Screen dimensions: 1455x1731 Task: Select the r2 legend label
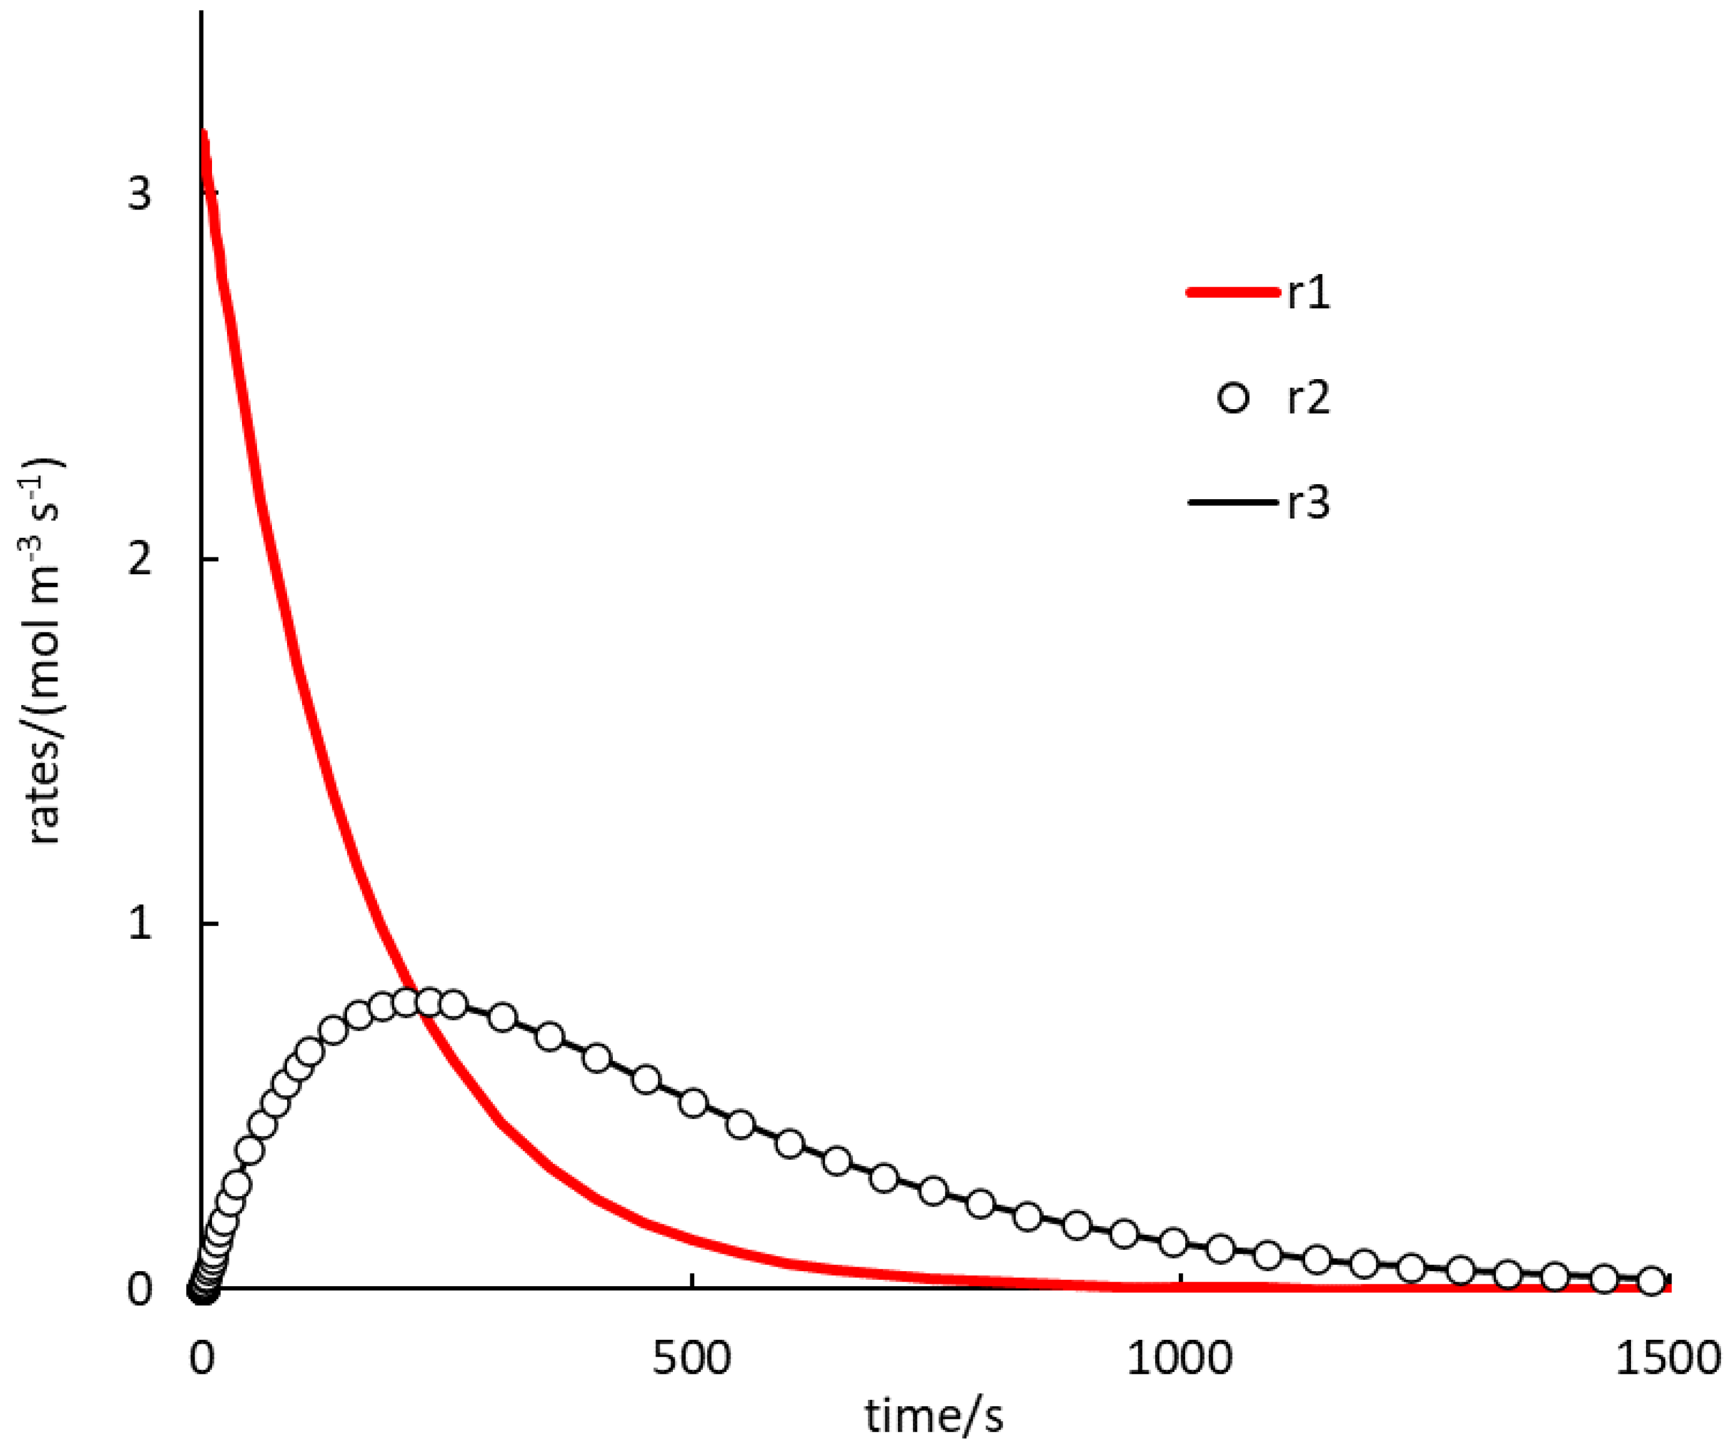(x=1309, y=398)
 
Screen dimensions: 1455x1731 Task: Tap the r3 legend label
(x=1309, y=502)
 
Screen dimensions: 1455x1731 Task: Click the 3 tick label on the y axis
(x=140, y=194)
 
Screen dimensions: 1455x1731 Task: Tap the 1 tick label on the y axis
(x=140, y=924)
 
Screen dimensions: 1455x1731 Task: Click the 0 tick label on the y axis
(x=140, y=1289)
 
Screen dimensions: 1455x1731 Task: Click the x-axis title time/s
(x=934, y=1419)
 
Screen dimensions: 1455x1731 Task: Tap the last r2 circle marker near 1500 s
(x=1651, y=1280)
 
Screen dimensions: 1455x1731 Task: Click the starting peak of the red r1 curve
(x=202, y=132)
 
